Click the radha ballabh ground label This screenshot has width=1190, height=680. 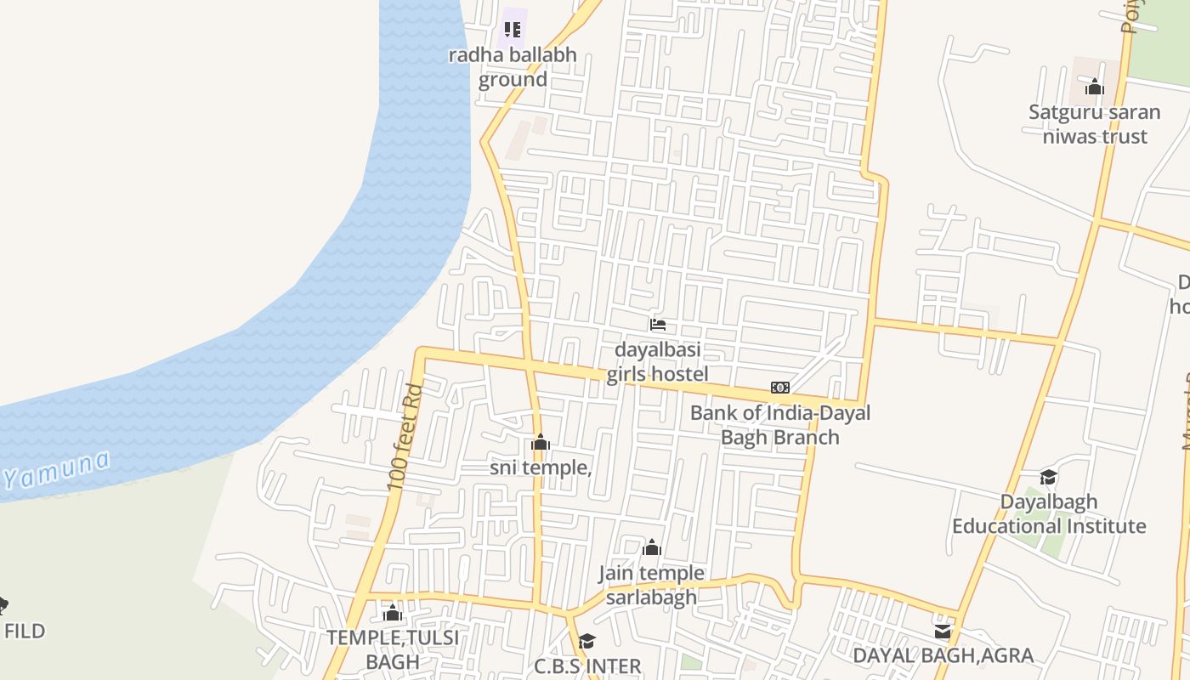(x=513, y=67)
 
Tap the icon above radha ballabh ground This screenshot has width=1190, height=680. (x=513, y=30)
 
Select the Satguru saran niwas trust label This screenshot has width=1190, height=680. (x=1095, y=124)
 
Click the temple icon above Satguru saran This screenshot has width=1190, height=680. (x=1095, y=87)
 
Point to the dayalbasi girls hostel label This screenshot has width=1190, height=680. (x=657, y=362)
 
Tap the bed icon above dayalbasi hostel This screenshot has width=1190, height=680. (x=657, y=324)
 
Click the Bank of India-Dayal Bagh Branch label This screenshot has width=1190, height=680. (x=780, y=425)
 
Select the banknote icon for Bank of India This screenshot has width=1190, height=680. (x=780, y=388)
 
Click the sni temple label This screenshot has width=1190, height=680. (x=541, y=467)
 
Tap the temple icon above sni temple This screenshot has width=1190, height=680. (x=541, y=442)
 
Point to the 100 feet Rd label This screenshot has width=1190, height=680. (x=405, y=438)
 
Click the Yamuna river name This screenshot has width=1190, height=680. (x=56, y=470)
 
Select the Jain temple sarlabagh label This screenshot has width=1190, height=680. (x=652, y=585)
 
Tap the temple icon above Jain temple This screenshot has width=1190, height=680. (x=652, y=547)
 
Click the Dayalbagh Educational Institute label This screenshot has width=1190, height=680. (x=1049, y=514)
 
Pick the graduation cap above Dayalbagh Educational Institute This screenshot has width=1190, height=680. (x=1049, y=477)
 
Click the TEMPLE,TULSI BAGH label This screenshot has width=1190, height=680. (x=393, y=649)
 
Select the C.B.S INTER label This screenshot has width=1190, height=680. (x=587, y=666)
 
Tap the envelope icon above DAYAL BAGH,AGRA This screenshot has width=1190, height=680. (x=943, y=631)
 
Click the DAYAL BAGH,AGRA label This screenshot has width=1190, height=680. (x=943, y=656)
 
